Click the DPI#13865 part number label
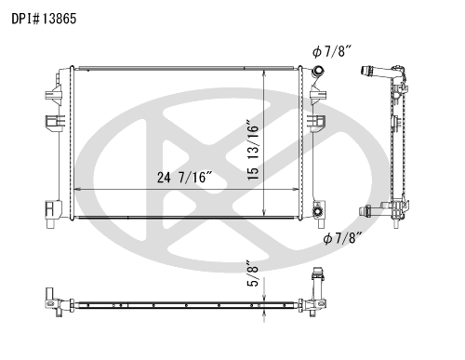(44, 19)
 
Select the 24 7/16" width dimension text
(185, 178)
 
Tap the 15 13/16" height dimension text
(253, 149)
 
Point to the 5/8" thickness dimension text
(253, 273)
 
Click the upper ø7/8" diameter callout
(332, 51)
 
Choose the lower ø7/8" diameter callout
(343, 238)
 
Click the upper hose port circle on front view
(318, 71)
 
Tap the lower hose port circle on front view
(317, 211)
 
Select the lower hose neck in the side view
(373, 210)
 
